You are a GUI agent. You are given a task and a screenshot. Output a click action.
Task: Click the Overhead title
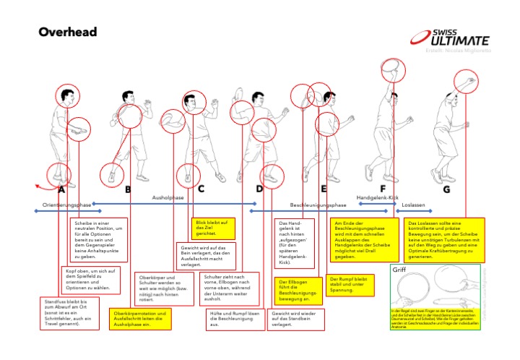point(67,33)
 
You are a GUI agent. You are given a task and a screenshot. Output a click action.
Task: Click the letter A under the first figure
point(61,189)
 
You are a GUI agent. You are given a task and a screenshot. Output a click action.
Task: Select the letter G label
point(446,189)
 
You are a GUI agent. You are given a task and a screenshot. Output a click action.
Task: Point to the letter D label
point(259,189)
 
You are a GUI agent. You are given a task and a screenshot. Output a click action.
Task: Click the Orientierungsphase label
point(67,205)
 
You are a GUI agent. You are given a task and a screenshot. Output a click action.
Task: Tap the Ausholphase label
point(168,197)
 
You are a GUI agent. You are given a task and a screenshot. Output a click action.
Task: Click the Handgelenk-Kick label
point(378,197)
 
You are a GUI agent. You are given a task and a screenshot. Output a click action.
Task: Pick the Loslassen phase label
point(412,205)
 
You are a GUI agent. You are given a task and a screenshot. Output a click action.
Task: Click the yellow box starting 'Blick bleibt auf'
point(213,229)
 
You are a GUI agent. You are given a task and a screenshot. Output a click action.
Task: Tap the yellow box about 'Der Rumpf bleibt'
point(348,283)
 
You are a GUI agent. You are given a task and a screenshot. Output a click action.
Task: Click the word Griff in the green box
point(401,270)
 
